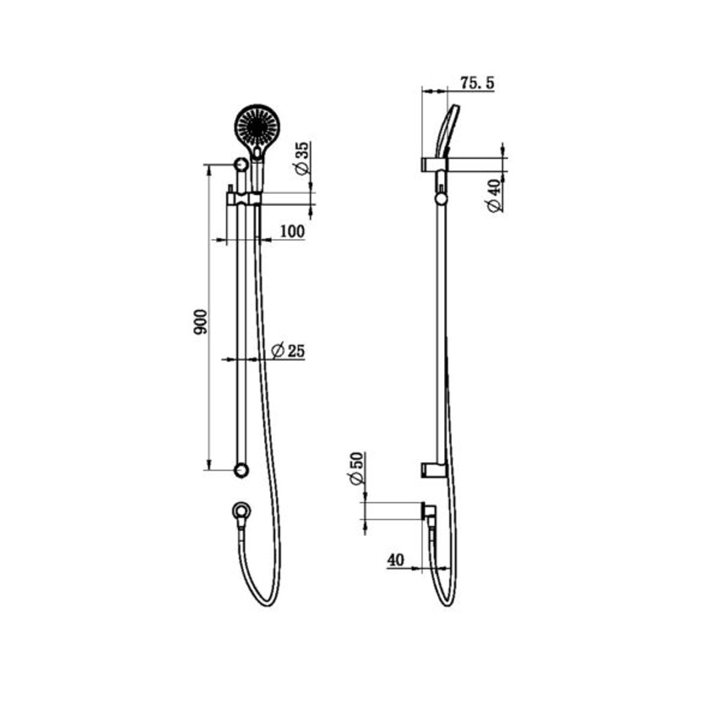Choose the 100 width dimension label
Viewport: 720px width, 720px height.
point(292,231)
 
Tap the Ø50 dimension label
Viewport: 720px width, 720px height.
point(355,469)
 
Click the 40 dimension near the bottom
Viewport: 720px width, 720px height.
point(395,560)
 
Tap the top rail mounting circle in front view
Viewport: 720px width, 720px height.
point(240,164)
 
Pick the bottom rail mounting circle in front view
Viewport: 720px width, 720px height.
point(241,470)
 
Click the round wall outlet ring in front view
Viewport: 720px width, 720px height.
point(241,511)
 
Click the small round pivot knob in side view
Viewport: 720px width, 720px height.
point(441,197)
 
